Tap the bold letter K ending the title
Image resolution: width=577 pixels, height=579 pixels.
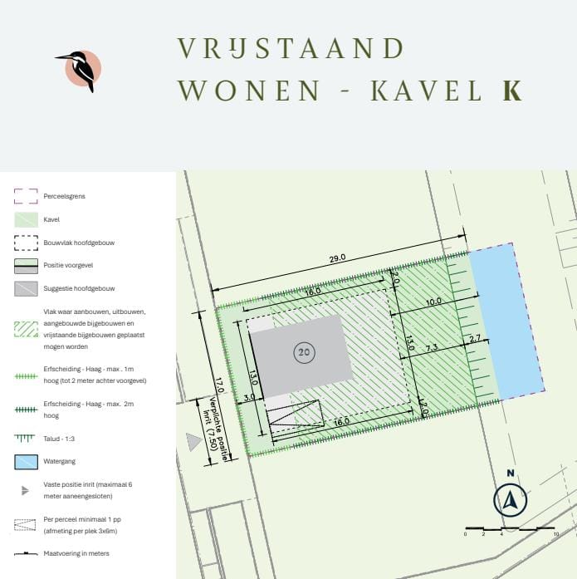(511, 91)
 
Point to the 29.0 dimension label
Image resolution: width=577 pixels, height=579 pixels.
(337, 258)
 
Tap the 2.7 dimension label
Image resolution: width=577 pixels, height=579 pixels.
(475, 338)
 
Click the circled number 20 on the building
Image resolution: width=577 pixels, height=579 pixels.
(304, 352)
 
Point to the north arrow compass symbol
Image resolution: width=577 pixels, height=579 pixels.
(510, 500)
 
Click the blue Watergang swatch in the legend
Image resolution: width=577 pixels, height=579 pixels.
(27, 461)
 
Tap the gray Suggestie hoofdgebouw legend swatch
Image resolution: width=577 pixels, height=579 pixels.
(27, 289)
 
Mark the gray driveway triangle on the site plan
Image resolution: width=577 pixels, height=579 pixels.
(193, 442)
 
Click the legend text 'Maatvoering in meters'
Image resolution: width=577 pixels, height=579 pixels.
(76, 553)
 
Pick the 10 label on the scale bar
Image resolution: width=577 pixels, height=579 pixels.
(556, 533)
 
